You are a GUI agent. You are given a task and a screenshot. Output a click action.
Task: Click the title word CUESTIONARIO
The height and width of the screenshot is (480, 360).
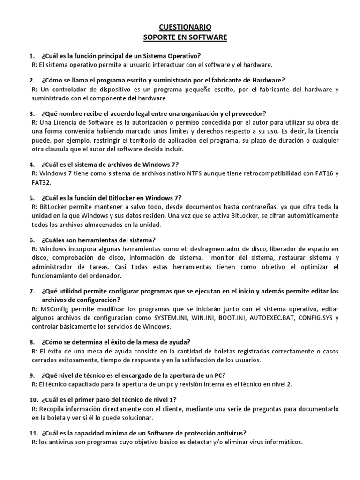180,28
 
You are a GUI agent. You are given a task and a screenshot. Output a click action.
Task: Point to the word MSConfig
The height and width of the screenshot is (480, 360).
55,309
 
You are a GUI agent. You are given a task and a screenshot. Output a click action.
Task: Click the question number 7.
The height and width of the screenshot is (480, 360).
32,291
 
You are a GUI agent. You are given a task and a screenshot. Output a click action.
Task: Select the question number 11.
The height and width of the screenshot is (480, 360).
33,433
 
